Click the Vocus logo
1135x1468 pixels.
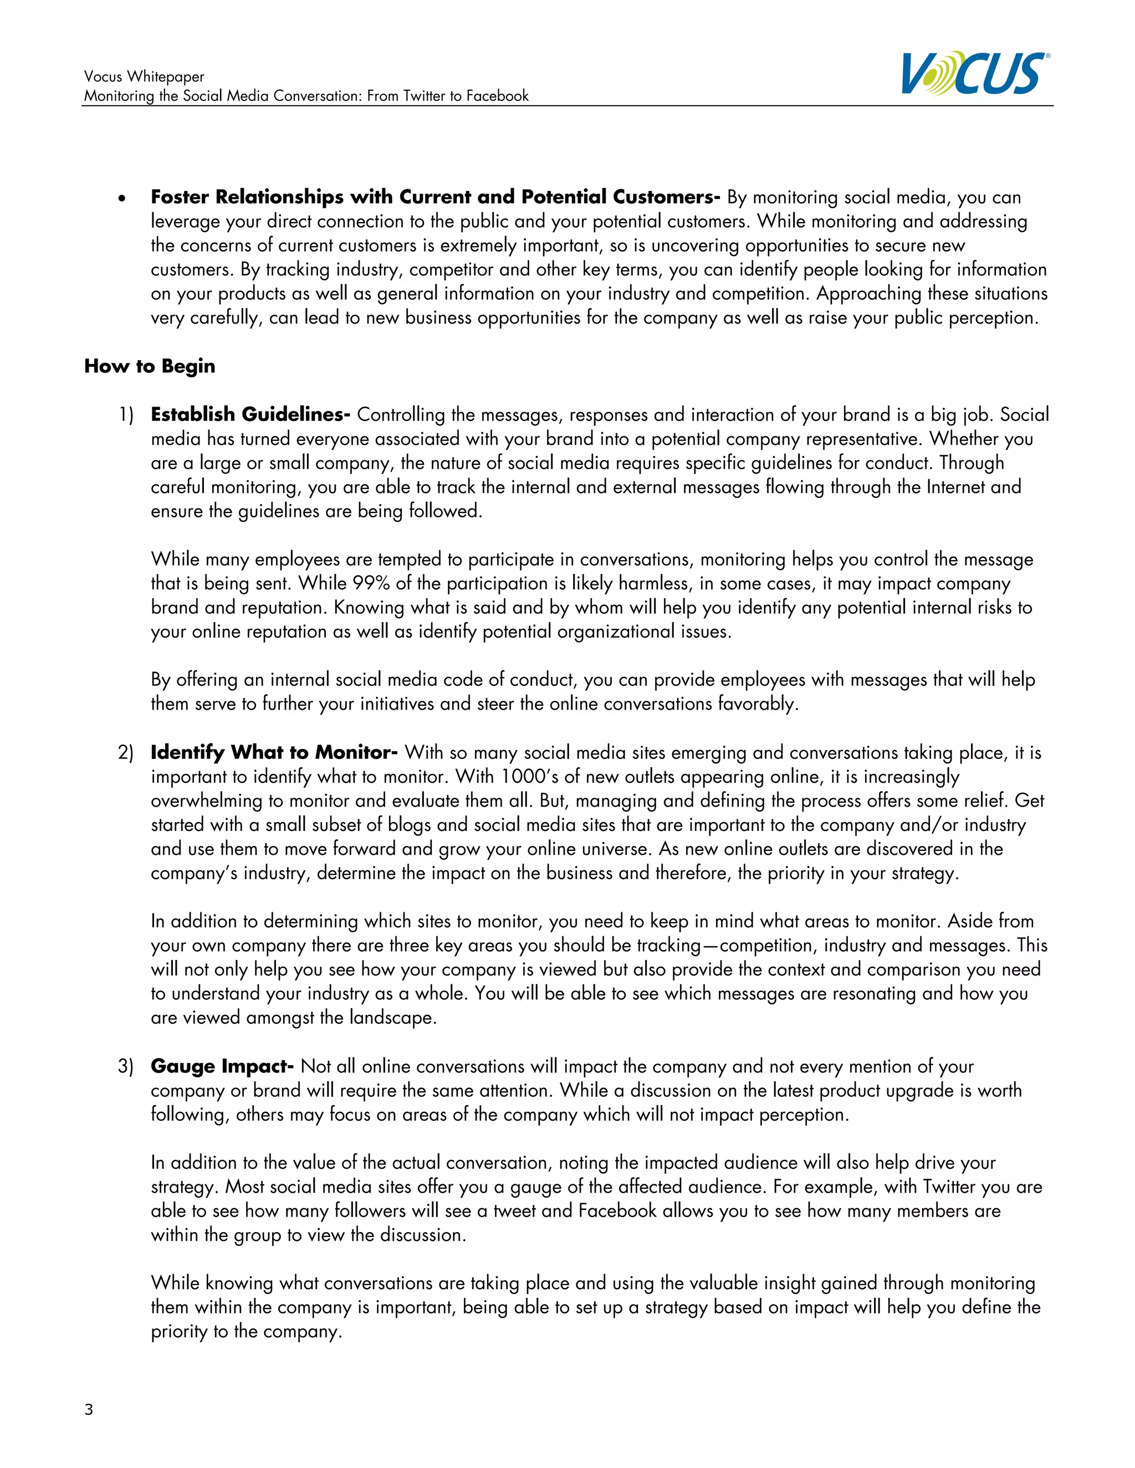(974, 73)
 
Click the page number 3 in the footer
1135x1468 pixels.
(89, 1409)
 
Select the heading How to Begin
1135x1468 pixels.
(149, 366)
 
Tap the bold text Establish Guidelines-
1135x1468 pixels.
(250, 415)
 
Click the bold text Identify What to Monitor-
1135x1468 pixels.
(274, 752)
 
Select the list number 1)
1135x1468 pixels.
(126, 415)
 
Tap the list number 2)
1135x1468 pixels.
(126, 753)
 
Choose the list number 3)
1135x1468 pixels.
(126, 1067)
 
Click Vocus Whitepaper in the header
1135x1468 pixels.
(144, 76)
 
